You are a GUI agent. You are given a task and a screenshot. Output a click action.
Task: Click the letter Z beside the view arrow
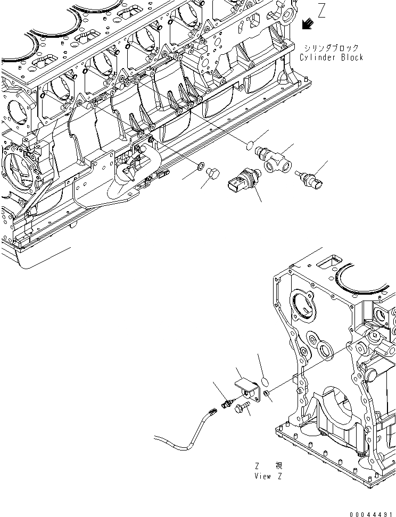tap(321, 11)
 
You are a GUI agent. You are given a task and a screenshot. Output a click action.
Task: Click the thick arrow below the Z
tap(307, 24)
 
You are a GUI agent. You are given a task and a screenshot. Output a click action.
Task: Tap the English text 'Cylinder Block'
tap(331, 57)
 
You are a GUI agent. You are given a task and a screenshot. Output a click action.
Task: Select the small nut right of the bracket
tap(267, 394)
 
